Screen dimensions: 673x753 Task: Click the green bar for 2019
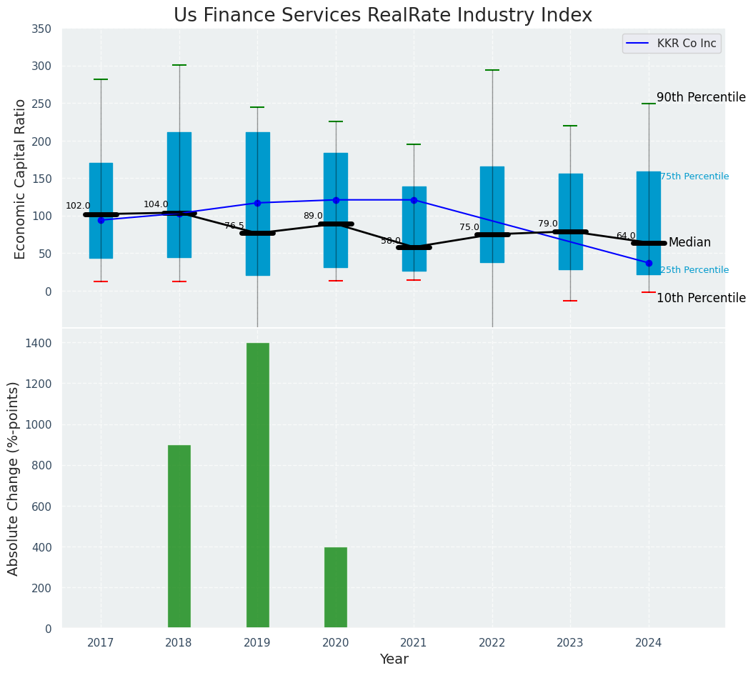coord(257,486)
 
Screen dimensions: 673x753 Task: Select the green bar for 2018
coord(179,537)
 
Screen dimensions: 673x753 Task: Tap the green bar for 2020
coord(336,587)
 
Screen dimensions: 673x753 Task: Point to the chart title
coord(383,15)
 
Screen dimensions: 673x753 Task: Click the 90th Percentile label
coord(700,97)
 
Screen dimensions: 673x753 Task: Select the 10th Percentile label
coord(700,298)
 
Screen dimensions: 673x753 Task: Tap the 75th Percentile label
coord(694,176)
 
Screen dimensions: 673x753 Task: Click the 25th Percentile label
coord(694,270)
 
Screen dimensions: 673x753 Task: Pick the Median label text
coord(689,243)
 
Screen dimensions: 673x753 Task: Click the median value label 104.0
coord(156,204)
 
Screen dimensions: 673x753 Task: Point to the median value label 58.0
coord(391,241)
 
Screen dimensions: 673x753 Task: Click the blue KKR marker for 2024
coord(649,263)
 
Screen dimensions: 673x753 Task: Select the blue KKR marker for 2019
coord(257,203)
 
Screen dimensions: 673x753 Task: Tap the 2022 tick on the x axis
coord(492,643)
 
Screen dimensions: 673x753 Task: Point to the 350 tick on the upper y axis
coord(41,29)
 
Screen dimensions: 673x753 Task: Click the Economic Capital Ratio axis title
coord(21,179)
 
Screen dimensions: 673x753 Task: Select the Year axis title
coord(394,659)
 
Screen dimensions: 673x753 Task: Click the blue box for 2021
coord(414,229)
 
